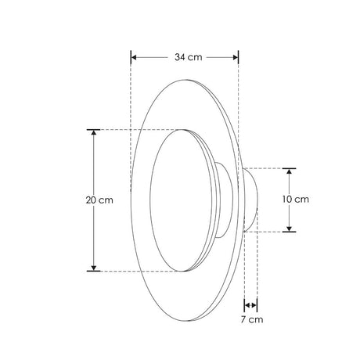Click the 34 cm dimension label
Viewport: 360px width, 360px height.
pyautogui.click(x=185, y=57)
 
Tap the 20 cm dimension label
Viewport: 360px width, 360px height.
pyautogui.click(x=100, y=200)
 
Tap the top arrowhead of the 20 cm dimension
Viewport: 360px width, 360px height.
pyautogui.click(x=95, y=134)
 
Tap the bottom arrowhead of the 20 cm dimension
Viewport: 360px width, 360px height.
pyautogui.click(x=95, y=266)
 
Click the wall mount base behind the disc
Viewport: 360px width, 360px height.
pyautogui.click(x=252, y=200)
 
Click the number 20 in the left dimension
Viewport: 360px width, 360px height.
pyautogui.click(x=92, y=200)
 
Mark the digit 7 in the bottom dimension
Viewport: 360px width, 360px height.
pyautogui.click(x=244, y=319)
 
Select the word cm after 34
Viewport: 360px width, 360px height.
pyautogui.click(x=194, y=57)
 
